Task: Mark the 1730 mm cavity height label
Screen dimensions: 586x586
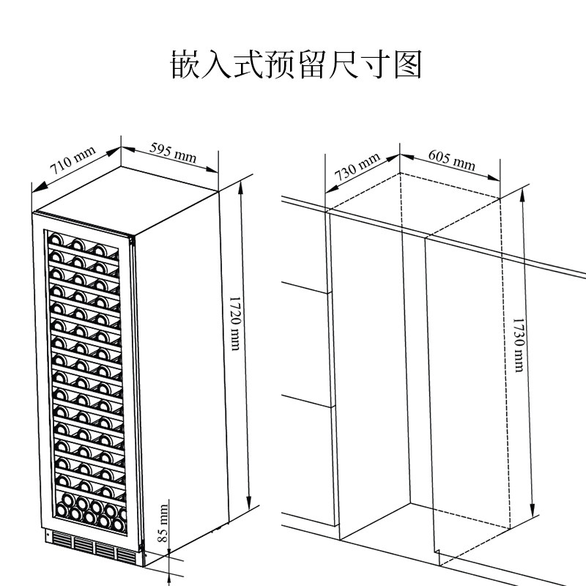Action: [518, 344]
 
